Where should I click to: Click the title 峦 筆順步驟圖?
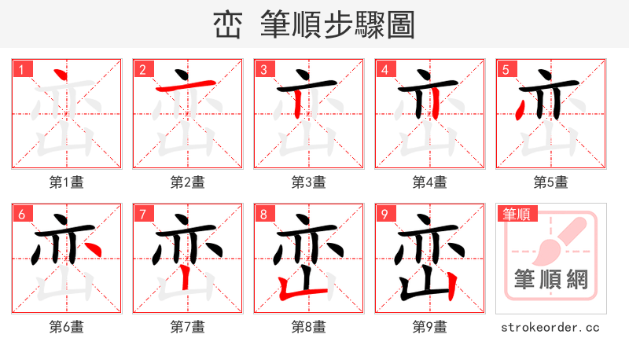point(314,24)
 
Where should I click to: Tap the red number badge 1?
point(21,69)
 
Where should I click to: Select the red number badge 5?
point(506,69)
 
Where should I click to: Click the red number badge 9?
point(384,214)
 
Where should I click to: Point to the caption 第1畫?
point(67,182)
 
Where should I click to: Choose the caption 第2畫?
point(188,182)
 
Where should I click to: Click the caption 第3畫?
point(309,182)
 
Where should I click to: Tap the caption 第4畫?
point(430,182)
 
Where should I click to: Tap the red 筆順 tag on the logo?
point(515,214)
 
